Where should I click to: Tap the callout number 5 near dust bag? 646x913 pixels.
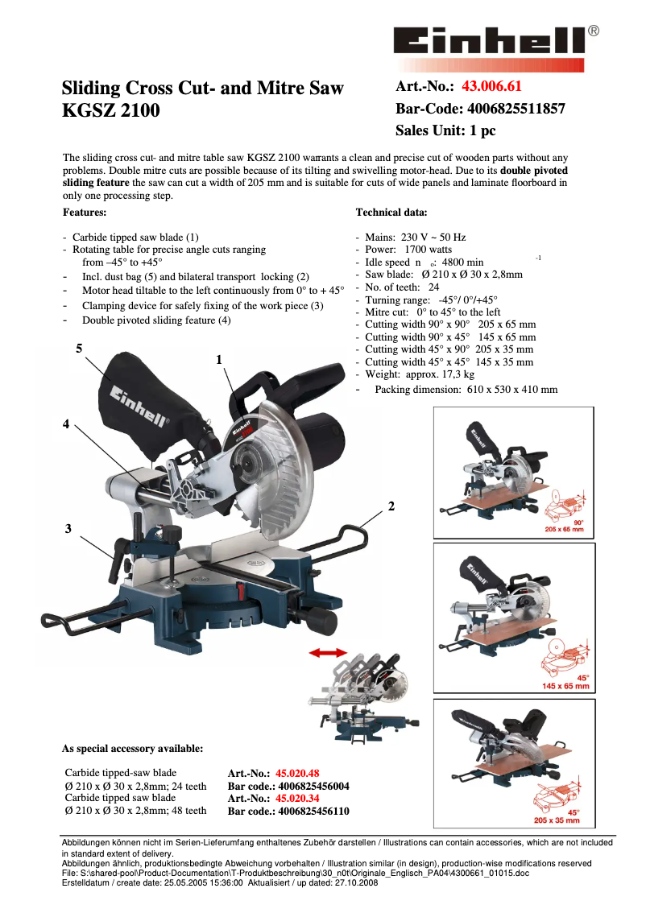pyautogui.click(x=79, y=348)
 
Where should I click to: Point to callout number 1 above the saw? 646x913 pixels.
pyautogui.click(x=218, y=360)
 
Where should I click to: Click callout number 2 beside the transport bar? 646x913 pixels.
pyautogui.click(x=391, y=506)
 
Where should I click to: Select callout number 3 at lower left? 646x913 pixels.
pyautogui.click(x=68, y=528)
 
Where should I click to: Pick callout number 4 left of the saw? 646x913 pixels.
pyautogui.click(x=66, y=423)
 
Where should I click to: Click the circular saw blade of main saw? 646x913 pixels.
pyautogui.click(x=270, y=467)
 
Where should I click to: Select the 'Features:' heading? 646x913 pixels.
pyautogui.click(x=85, y=213)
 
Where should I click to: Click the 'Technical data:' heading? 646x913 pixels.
pyautogui.click(x=391, y=213)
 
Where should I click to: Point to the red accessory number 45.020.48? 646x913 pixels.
pyautogui.click(x=297, y=773)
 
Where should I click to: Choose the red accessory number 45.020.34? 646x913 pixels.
pyautogui.click(x=297, y=799)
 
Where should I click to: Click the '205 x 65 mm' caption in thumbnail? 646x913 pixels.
pyautogui.click(x=564, y=529)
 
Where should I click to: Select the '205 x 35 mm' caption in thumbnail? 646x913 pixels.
pyautogui.click(x=557, y=820)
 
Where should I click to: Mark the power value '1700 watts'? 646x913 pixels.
pyautogui.click(x=429, y=250)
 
